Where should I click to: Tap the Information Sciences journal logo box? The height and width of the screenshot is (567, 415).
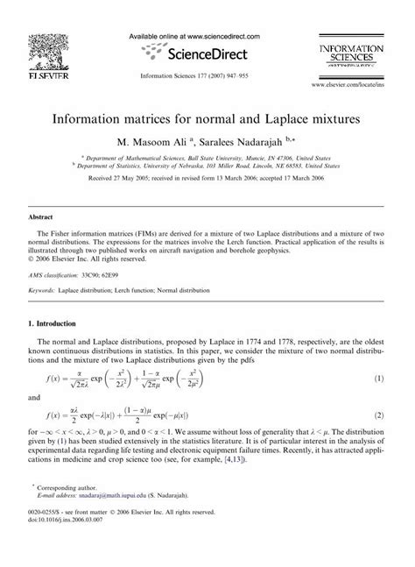pyautogui.click(x=354, y=54)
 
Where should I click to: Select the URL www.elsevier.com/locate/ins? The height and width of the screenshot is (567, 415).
pyautogui.click(x=353, y=85)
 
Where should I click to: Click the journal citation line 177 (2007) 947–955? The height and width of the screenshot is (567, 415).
pyautogui.click(x=207, y=76)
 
